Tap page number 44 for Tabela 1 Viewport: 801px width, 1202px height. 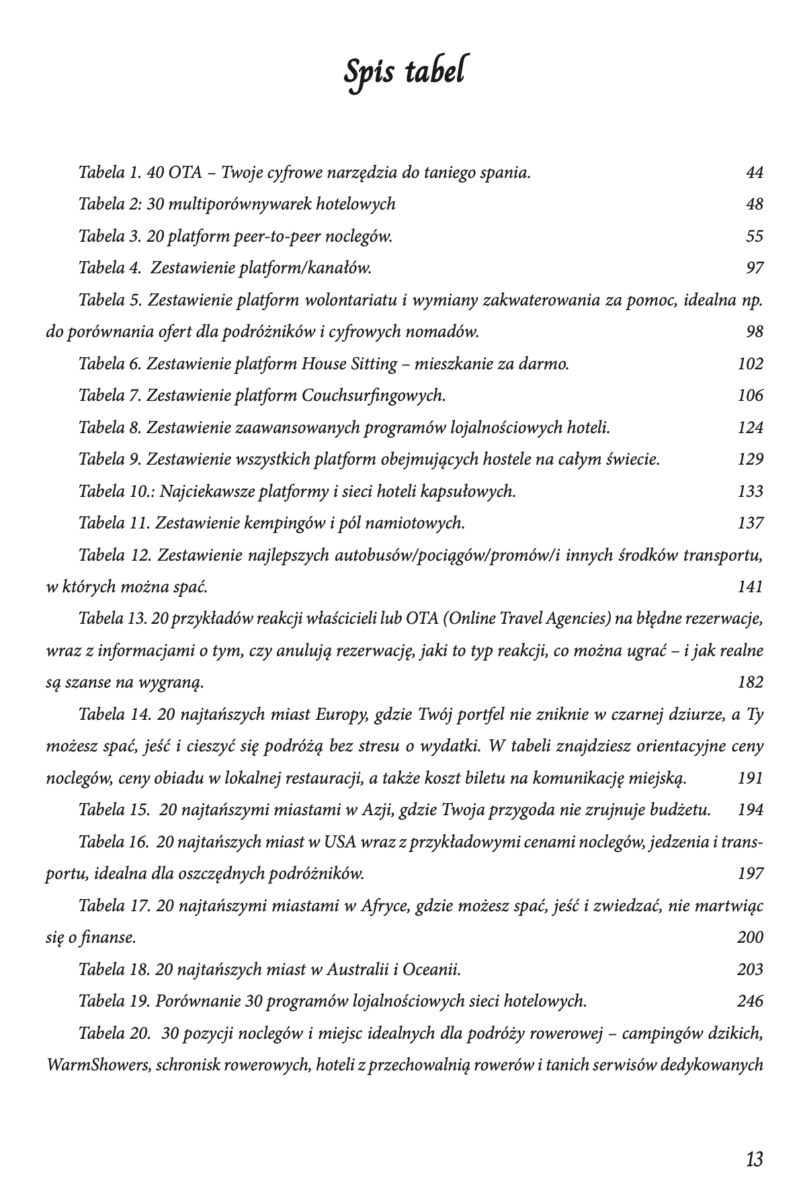coord(754,173)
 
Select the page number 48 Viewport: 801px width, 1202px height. coord(754,204)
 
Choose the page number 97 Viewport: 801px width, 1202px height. coord(755,268)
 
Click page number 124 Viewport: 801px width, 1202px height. coord(751,428)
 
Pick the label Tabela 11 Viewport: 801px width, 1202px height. coord(110,523)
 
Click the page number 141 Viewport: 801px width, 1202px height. coord(751,587)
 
